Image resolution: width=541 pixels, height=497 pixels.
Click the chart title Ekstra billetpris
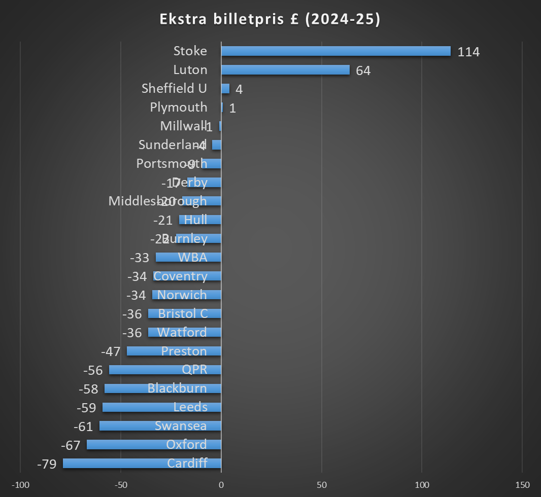coord(270,19)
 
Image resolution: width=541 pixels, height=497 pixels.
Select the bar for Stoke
coord(335,51)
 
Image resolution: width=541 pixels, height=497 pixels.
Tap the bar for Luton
coord(285,70)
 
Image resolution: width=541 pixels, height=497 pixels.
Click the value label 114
coord(468,52)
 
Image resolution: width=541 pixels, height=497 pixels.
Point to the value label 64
coord(363,70)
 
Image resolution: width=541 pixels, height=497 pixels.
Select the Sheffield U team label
coord(174,88)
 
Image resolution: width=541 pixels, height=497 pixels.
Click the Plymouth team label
coord(179,107)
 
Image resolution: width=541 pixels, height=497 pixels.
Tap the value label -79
coord(47,464)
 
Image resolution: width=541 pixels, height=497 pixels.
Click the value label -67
coord(71,445)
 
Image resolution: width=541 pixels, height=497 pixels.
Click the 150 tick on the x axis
coord(522,484)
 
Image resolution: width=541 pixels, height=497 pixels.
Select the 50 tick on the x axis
coord(321,484)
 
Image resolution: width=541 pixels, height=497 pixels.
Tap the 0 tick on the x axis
coord(221,484)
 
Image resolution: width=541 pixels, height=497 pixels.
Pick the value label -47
coord(111,351)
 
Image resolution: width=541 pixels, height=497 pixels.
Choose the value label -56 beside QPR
coord(92,370)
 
